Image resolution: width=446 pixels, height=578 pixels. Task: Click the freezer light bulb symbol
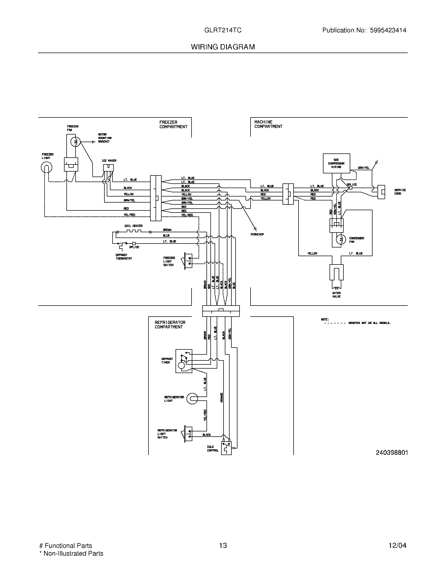click(46, 167)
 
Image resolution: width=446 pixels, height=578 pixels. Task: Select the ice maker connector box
click(108, 168)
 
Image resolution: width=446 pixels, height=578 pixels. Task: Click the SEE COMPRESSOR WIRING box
click(336, 163)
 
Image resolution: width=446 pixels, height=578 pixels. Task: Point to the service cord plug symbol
click(381, 192)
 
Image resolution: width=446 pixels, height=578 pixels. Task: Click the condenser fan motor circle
click(341, 240)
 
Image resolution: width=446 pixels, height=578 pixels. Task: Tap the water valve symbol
click(337, 275)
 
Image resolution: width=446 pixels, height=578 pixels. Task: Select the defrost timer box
click(184, 361)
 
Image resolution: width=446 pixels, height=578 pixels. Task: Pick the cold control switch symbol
click(226, 447)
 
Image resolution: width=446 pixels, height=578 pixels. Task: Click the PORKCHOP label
click(257, 234)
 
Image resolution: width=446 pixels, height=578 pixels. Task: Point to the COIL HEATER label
click(134, 226)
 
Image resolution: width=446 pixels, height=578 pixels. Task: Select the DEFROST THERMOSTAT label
click(124, 257)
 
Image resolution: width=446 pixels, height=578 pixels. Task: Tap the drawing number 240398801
click(392, 453)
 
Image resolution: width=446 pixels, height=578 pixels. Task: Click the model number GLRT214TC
click(223, 30)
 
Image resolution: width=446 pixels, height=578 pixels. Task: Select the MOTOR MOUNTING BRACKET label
click(105, 138)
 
